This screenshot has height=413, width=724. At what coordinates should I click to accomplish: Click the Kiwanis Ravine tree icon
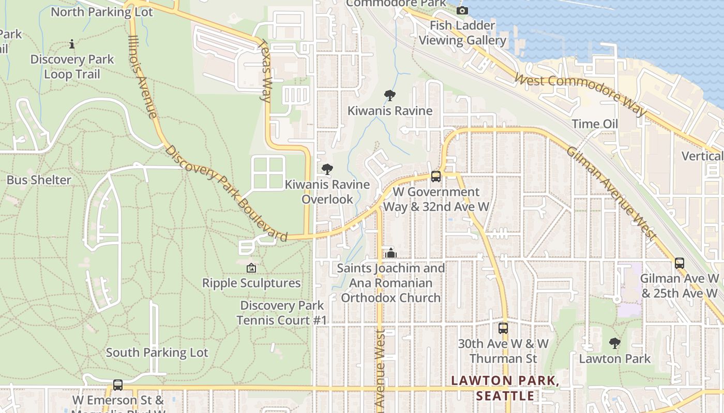(390, 96)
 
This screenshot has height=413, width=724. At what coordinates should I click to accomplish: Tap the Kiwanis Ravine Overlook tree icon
(327, 169)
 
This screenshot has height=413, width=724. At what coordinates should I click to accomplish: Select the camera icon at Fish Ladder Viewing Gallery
(462, 10)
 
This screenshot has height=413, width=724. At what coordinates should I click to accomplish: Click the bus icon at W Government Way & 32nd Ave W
(436, 177)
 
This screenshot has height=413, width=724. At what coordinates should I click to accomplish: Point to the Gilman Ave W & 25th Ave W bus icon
(680, 263)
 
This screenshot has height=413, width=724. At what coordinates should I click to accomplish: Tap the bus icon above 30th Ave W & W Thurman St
(503, 328)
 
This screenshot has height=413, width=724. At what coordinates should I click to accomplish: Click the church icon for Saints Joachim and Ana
(391, 253)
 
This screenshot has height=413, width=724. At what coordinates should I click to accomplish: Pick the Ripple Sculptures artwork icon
(251, 268)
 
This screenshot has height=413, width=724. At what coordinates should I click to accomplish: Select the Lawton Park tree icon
(614, 343)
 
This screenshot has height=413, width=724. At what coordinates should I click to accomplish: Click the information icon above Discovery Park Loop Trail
(72, 44)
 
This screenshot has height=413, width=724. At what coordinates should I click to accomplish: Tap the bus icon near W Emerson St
(118, 385)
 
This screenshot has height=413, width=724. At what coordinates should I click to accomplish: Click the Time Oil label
(595, 124)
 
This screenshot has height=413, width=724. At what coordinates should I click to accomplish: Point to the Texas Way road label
(265, 71)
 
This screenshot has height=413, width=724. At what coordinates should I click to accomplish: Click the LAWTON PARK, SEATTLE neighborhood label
(505, 388)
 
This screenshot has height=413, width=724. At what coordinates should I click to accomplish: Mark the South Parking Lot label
(157, 353)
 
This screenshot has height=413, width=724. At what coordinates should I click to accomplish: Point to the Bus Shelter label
(39, 180)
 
